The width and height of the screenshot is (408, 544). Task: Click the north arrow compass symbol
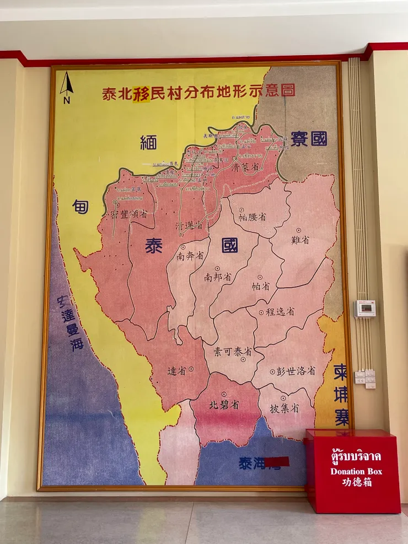pyautogui.click(x=67, y=87)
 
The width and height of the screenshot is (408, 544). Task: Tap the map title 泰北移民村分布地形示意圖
pyautogui.click(x=199, y=91)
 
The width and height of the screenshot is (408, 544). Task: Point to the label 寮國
pyautogui.click(x=309, y=138)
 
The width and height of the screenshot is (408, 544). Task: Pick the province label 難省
pyautogui.click(x=300, y=239)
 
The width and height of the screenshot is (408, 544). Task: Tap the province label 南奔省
pyautogui.click(x=191, y=256)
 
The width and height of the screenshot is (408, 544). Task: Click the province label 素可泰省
pyautogui.click(x=233, y=351)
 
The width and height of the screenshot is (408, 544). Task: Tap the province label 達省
pyautogui.click(x=178, y=370)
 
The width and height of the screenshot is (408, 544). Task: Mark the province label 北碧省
pyautogui.click(x=224, y=405)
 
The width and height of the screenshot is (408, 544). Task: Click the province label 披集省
pyautogui.click(x=284, y=408)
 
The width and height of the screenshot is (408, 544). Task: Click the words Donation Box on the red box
pyautogui.click(x=356, y=471)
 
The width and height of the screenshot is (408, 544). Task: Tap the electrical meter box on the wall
pyautogui.click(x=364, y=309)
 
